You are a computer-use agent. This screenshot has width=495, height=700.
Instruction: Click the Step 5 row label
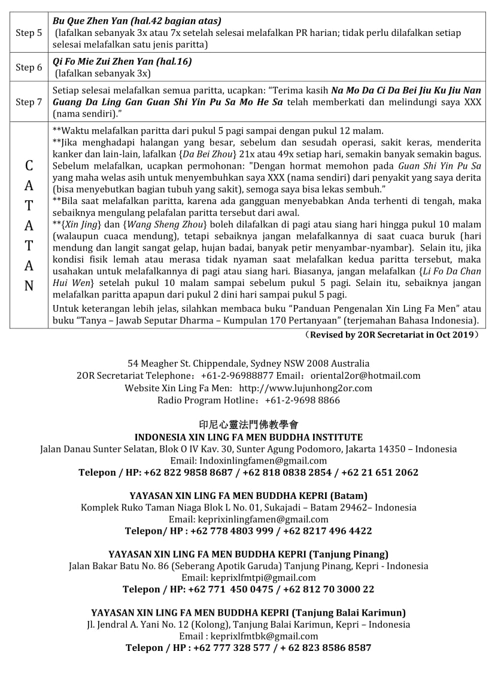[29, 32]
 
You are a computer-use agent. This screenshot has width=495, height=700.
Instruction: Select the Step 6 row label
[29, 67]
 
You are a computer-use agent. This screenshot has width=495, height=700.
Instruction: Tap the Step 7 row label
[29, 102]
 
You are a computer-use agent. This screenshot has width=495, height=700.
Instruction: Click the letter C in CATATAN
[29, 165]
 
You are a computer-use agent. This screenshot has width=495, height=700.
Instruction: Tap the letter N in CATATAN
[29, 286]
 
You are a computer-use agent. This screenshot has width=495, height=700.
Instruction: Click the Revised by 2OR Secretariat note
[391, 335]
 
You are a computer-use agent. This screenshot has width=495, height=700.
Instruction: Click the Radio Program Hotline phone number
[302, 400]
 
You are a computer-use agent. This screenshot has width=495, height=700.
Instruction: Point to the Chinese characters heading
[248, 425]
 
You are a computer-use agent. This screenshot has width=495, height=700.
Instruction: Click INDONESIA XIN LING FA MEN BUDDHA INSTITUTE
[248, 437]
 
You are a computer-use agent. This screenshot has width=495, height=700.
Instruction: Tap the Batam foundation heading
[248, 495]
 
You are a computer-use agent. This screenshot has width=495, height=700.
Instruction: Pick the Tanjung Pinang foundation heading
[248, 554]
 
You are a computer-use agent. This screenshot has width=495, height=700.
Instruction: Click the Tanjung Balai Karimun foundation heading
[248, 613]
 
